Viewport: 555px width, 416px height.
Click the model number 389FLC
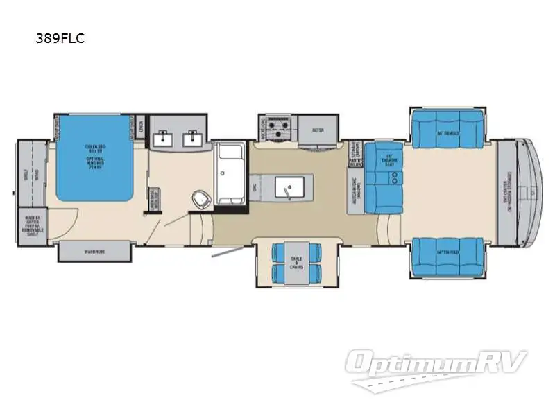[60, 39]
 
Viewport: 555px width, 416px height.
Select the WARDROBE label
[94, 251]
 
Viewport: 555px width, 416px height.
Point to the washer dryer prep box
[32, 226]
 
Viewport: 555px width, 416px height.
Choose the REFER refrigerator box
[318, 129]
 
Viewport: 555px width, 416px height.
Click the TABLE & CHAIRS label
[296, 263]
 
